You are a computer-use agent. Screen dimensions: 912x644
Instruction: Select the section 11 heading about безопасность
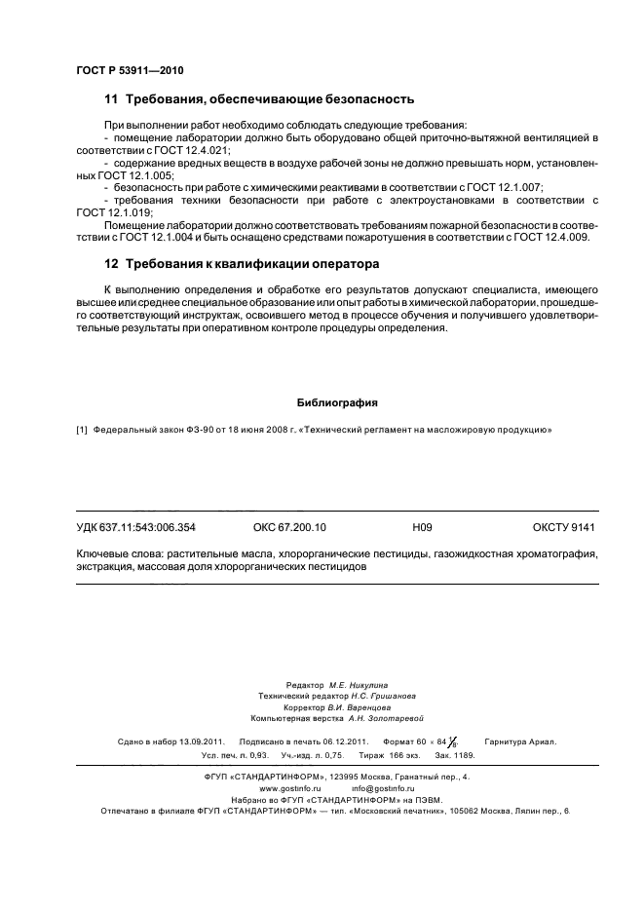pos(259,99)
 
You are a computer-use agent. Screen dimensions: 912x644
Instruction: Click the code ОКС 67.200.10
pos(289,527)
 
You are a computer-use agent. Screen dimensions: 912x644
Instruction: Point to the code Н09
pos(422,527)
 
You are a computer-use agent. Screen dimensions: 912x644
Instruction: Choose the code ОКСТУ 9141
pos(563,527)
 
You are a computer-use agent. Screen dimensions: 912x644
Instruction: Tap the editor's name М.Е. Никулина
pos(359,686)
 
